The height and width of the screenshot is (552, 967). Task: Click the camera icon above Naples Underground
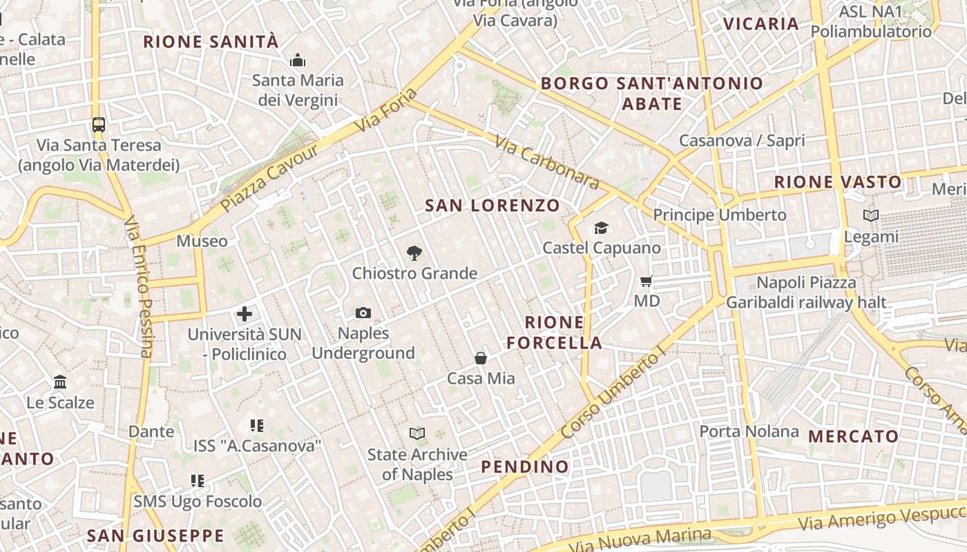pyautogui.click(x=363, y=313)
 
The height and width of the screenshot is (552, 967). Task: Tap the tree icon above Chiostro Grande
pyautogui.click(x=414, y=253)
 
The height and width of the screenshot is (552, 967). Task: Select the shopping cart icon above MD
pyautogui.click(x=647, y=281)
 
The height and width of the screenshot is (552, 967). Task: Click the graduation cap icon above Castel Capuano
pyautogui.click(x=601, y=228)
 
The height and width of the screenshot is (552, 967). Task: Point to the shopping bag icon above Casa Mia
pyautogui.click(x=481, y=358)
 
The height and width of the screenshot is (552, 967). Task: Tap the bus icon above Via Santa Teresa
pyautogui.click(x=99, y=125)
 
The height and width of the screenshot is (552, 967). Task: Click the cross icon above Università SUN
pyautogui.click(x=245, y=315)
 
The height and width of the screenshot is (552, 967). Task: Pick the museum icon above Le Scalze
pyautogui.click(x=60, y=382)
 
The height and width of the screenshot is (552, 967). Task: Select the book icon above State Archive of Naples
pyautogui.click(x=417, y=433)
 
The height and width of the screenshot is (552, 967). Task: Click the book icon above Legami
pyautogui.click(x=871, y=216)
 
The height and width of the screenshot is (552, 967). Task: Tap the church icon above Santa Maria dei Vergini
pyautogui.click(x=298, y=61)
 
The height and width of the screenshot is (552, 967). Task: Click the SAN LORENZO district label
pyautogui.click(x=492, y=206)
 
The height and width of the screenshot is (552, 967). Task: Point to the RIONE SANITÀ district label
pyautogui.click(x=211, y=41)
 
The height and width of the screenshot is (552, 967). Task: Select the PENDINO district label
pyautogui.click(x=525, y=467)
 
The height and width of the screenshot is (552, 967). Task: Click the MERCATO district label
pyautogui.click(x=853, y=436)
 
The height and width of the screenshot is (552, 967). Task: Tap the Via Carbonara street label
pyautogui.click(x=546, y=161)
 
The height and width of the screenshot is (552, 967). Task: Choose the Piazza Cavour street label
pyautogui.click(x=270, y=177)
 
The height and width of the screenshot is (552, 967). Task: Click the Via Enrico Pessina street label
pyautogui.click(x=137, y=286)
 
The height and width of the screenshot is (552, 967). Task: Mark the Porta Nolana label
pyautogui.click(x=749, y=432)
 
